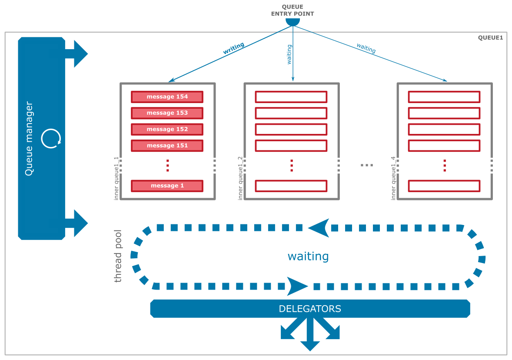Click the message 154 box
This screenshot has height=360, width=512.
(x=167, y=97)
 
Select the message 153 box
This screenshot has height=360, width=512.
(x=167, y=113)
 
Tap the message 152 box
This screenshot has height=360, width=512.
(x=167, y=129)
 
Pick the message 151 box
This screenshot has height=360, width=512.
(x=167, y=146)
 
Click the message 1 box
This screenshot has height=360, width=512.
(x=167, y=186)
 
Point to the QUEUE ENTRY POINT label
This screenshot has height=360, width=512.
(x=293, y=10)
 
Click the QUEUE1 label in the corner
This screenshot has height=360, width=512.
(x=490, y=38)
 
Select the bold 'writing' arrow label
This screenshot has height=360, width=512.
(x=233, y=48)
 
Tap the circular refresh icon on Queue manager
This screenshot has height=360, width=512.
(x=51, y=139)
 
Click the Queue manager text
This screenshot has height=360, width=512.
(x=30, y=139)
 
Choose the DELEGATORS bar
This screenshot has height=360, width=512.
(x=310, y=309)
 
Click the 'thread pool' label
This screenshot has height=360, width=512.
(x=118, y=256)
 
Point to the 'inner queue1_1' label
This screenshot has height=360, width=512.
(x=116, y=179)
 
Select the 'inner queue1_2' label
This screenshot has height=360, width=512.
(x=240, y=179)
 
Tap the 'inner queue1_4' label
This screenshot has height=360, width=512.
(x=394, y=179)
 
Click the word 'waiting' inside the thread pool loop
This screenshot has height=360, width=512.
(x=308, y=257)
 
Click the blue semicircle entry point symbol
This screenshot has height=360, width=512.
(x=293, y=22)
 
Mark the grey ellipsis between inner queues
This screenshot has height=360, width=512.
(x=367, y=165)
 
